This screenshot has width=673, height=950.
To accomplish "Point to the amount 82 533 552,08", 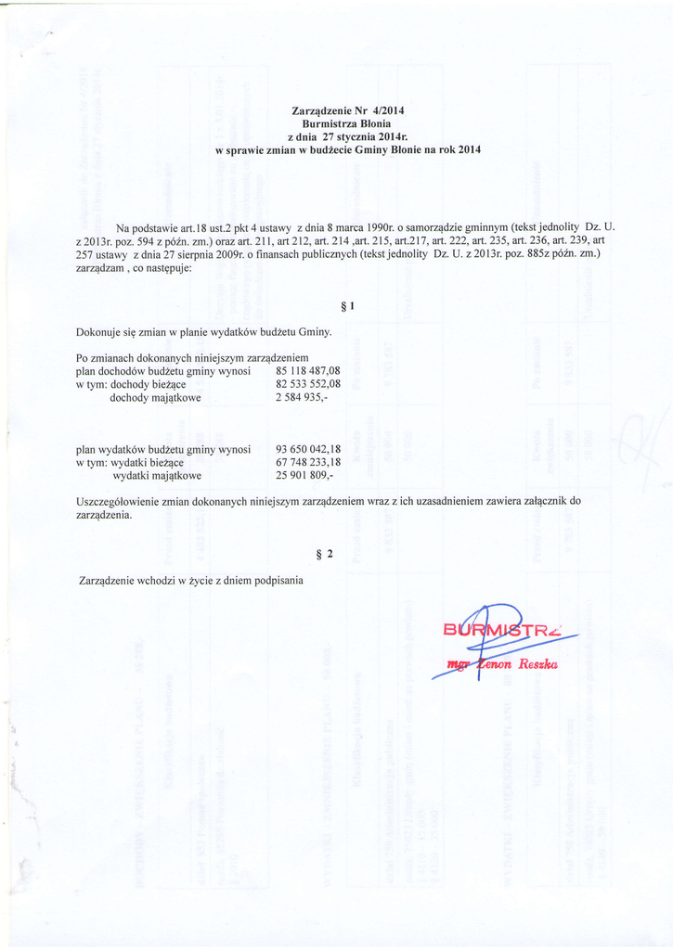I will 308,384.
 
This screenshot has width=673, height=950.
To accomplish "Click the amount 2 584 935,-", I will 302,397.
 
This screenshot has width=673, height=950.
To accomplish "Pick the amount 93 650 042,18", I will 308,449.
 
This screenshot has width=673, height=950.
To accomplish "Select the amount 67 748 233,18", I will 308,462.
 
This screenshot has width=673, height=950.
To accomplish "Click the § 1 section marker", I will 349,305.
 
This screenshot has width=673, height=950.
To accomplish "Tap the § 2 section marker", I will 324,555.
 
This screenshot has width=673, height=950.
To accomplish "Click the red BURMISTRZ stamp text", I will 506,635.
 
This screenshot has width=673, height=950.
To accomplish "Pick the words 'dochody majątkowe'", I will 155,397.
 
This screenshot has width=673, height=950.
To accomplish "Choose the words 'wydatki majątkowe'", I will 157,475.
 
